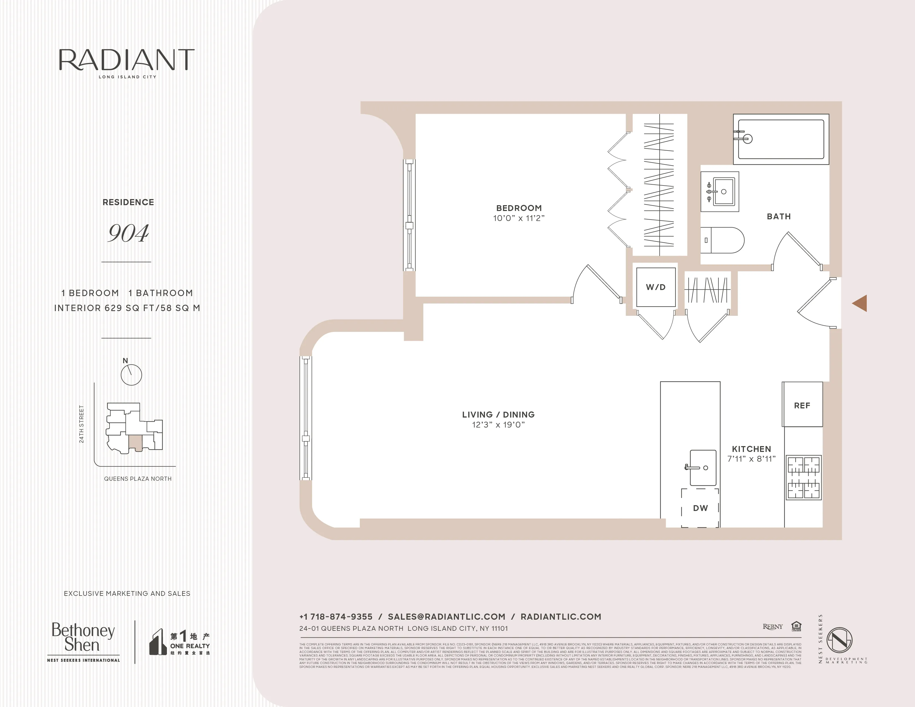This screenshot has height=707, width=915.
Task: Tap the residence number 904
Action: pyautogui.click(x=128, y=233)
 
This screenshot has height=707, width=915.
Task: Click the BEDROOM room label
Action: pyautogui.click(x=519, y=208)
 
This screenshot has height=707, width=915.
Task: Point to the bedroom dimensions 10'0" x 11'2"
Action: pyautogui.click(x=519, y=218)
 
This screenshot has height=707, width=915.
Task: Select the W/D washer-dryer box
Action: pyautogui.click(x=656, y=287)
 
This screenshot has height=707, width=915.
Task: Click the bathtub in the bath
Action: pyautogui.click(x=781, y=139)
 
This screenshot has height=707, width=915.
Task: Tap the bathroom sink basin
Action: pyautogui.click(x=723, y=191)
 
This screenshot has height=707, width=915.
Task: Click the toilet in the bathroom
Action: pyautogui.click(x=722, y=240)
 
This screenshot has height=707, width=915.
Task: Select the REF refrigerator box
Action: pyautogui.click(x=802, y=405)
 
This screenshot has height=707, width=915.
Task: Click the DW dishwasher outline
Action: pyautogui.click(x=700, y=508)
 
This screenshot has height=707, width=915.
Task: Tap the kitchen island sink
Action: pyautogui.click(x=703, y=468)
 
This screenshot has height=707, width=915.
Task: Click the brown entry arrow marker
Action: pyautogui.click(x=860, y=303)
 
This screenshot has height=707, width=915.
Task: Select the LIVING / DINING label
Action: pyautogui.click(x=498, y=415)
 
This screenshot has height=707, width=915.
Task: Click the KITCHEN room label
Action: pyautogui.click(x=751, y=449)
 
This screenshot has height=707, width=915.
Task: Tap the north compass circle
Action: pyautogui.click(x=131, y=375)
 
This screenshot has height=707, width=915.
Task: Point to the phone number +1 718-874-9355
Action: pyautogui.click(x=335, y=617)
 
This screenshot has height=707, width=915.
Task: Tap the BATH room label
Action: pyautogui.click(x=778, y=217)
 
